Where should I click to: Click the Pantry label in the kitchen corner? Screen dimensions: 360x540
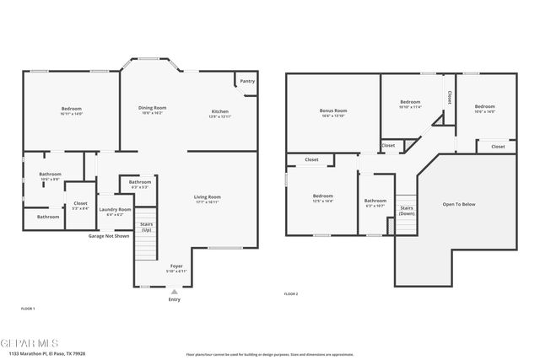click(246, 82)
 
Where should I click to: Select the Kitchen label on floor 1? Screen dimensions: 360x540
click(219, 113)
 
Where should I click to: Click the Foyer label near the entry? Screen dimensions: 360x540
click(175, 267)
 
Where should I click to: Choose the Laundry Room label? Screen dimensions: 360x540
click(115, 211)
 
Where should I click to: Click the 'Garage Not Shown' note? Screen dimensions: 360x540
click(110, 236)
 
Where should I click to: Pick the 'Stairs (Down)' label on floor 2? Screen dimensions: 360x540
click(406, 210)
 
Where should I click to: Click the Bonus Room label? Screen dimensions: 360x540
click(333, 113)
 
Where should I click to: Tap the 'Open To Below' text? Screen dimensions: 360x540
click(459, 204)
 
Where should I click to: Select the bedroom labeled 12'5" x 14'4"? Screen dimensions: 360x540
click(323, 198)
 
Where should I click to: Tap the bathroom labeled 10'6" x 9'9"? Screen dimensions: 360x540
click(50, 176)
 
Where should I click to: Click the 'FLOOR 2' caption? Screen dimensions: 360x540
click(291, 294)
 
